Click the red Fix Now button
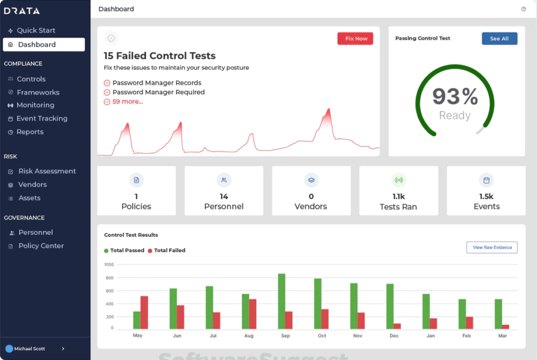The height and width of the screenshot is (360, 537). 355,39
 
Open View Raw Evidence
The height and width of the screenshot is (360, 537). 492,247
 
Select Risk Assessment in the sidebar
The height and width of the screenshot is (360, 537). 47,171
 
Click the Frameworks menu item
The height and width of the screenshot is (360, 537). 38,92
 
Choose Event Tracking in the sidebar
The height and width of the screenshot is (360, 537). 41,119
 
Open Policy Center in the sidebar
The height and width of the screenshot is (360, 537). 41,246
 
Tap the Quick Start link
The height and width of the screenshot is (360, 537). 36,30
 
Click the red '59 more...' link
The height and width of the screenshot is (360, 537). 127,101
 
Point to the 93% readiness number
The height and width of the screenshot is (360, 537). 455,97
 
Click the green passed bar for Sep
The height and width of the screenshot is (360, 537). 282,301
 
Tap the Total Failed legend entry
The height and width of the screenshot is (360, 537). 169,250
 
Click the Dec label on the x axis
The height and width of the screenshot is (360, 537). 394,336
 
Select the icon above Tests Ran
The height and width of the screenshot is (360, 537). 399,180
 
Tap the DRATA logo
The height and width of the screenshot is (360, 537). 22,11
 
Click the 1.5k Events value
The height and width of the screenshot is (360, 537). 486,196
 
